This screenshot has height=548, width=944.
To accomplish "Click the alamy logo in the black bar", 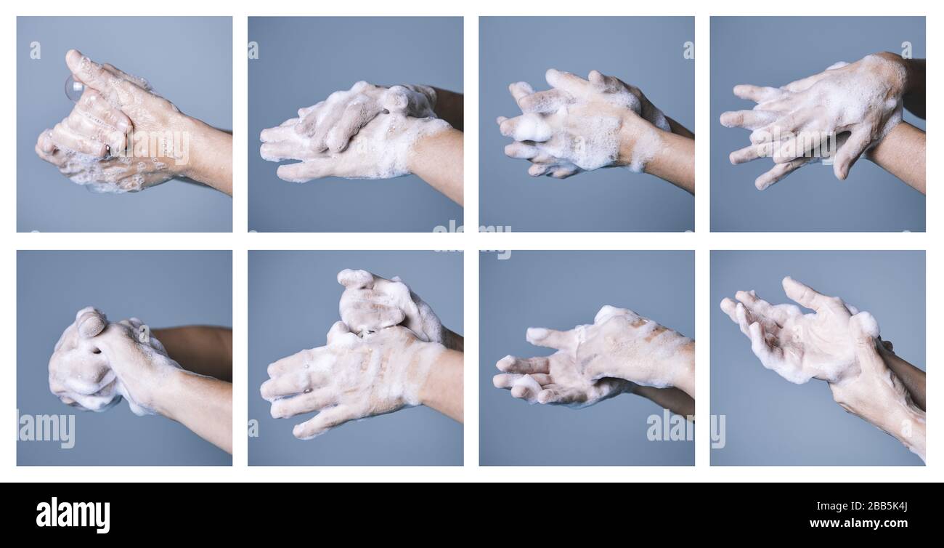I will coord(73,515).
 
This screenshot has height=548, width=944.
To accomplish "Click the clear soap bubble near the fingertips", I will coord(73,89).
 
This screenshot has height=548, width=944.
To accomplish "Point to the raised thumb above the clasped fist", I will coord(91,322).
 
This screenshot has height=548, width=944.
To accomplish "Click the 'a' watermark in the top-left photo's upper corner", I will coord(35,50).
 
